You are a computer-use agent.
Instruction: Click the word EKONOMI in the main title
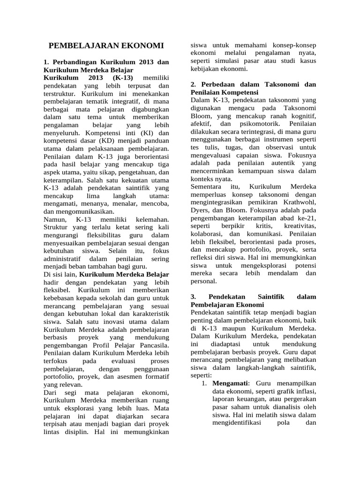[x=143, y=46]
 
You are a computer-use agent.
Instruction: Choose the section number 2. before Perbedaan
[x=194, y=85]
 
